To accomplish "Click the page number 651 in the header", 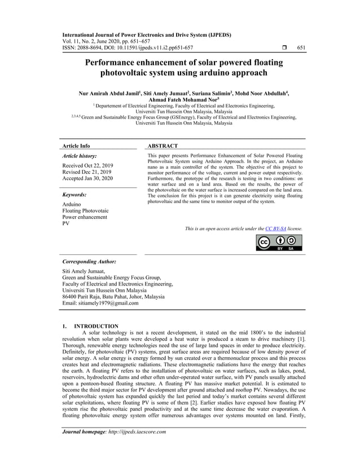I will click(x=301, y=48).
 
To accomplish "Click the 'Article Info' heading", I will click(x=76, y=146).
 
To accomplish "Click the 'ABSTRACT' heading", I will click(x=163, y=146).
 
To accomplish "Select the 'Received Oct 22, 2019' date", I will click(x=87, y=165).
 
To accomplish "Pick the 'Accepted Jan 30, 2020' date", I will click(x=87, y=179).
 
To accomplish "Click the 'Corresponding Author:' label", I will click(x=89, y=262).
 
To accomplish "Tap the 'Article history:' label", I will click(x=79, y=155).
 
